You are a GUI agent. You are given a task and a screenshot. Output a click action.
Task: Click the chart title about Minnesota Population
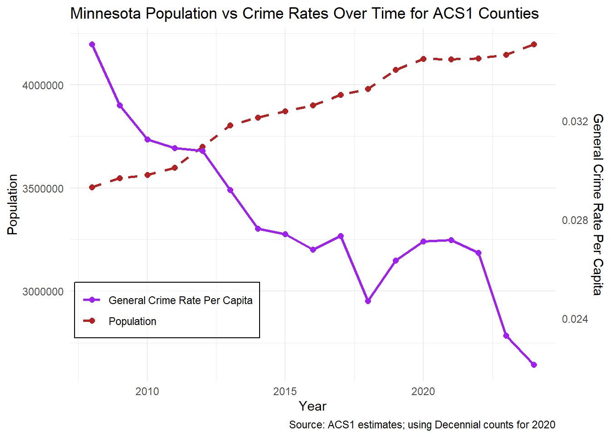304,14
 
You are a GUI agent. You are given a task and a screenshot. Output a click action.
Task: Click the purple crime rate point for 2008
92,45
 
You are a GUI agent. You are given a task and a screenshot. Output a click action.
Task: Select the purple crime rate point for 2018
368,301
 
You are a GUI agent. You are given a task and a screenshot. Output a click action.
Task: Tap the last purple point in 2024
534,365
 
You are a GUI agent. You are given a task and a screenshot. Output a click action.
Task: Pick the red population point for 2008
92,187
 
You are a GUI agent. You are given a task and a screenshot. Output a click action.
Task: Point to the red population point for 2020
423,59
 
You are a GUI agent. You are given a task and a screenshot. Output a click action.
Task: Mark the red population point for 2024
534,45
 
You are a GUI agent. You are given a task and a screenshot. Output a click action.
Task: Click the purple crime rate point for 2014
258,229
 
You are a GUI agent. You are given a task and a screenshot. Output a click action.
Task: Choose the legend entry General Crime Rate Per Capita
180,300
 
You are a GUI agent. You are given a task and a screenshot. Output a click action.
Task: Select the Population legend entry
132,321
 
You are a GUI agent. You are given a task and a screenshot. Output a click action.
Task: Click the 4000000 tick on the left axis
43,86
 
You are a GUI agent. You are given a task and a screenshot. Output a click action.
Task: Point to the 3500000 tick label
43,189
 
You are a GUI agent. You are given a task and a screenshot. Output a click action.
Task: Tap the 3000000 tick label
43,292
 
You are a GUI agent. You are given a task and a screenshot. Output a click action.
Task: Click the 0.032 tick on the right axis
575,122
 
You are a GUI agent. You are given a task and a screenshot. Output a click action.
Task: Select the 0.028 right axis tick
575,220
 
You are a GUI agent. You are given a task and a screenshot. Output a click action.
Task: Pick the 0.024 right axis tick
575,319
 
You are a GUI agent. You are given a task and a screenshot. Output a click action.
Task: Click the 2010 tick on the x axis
147,391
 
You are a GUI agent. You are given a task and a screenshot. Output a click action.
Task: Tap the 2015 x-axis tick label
285,391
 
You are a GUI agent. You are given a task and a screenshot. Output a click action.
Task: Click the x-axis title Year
312,406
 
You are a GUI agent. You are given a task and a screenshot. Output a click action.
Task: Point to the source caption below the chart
422,425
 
